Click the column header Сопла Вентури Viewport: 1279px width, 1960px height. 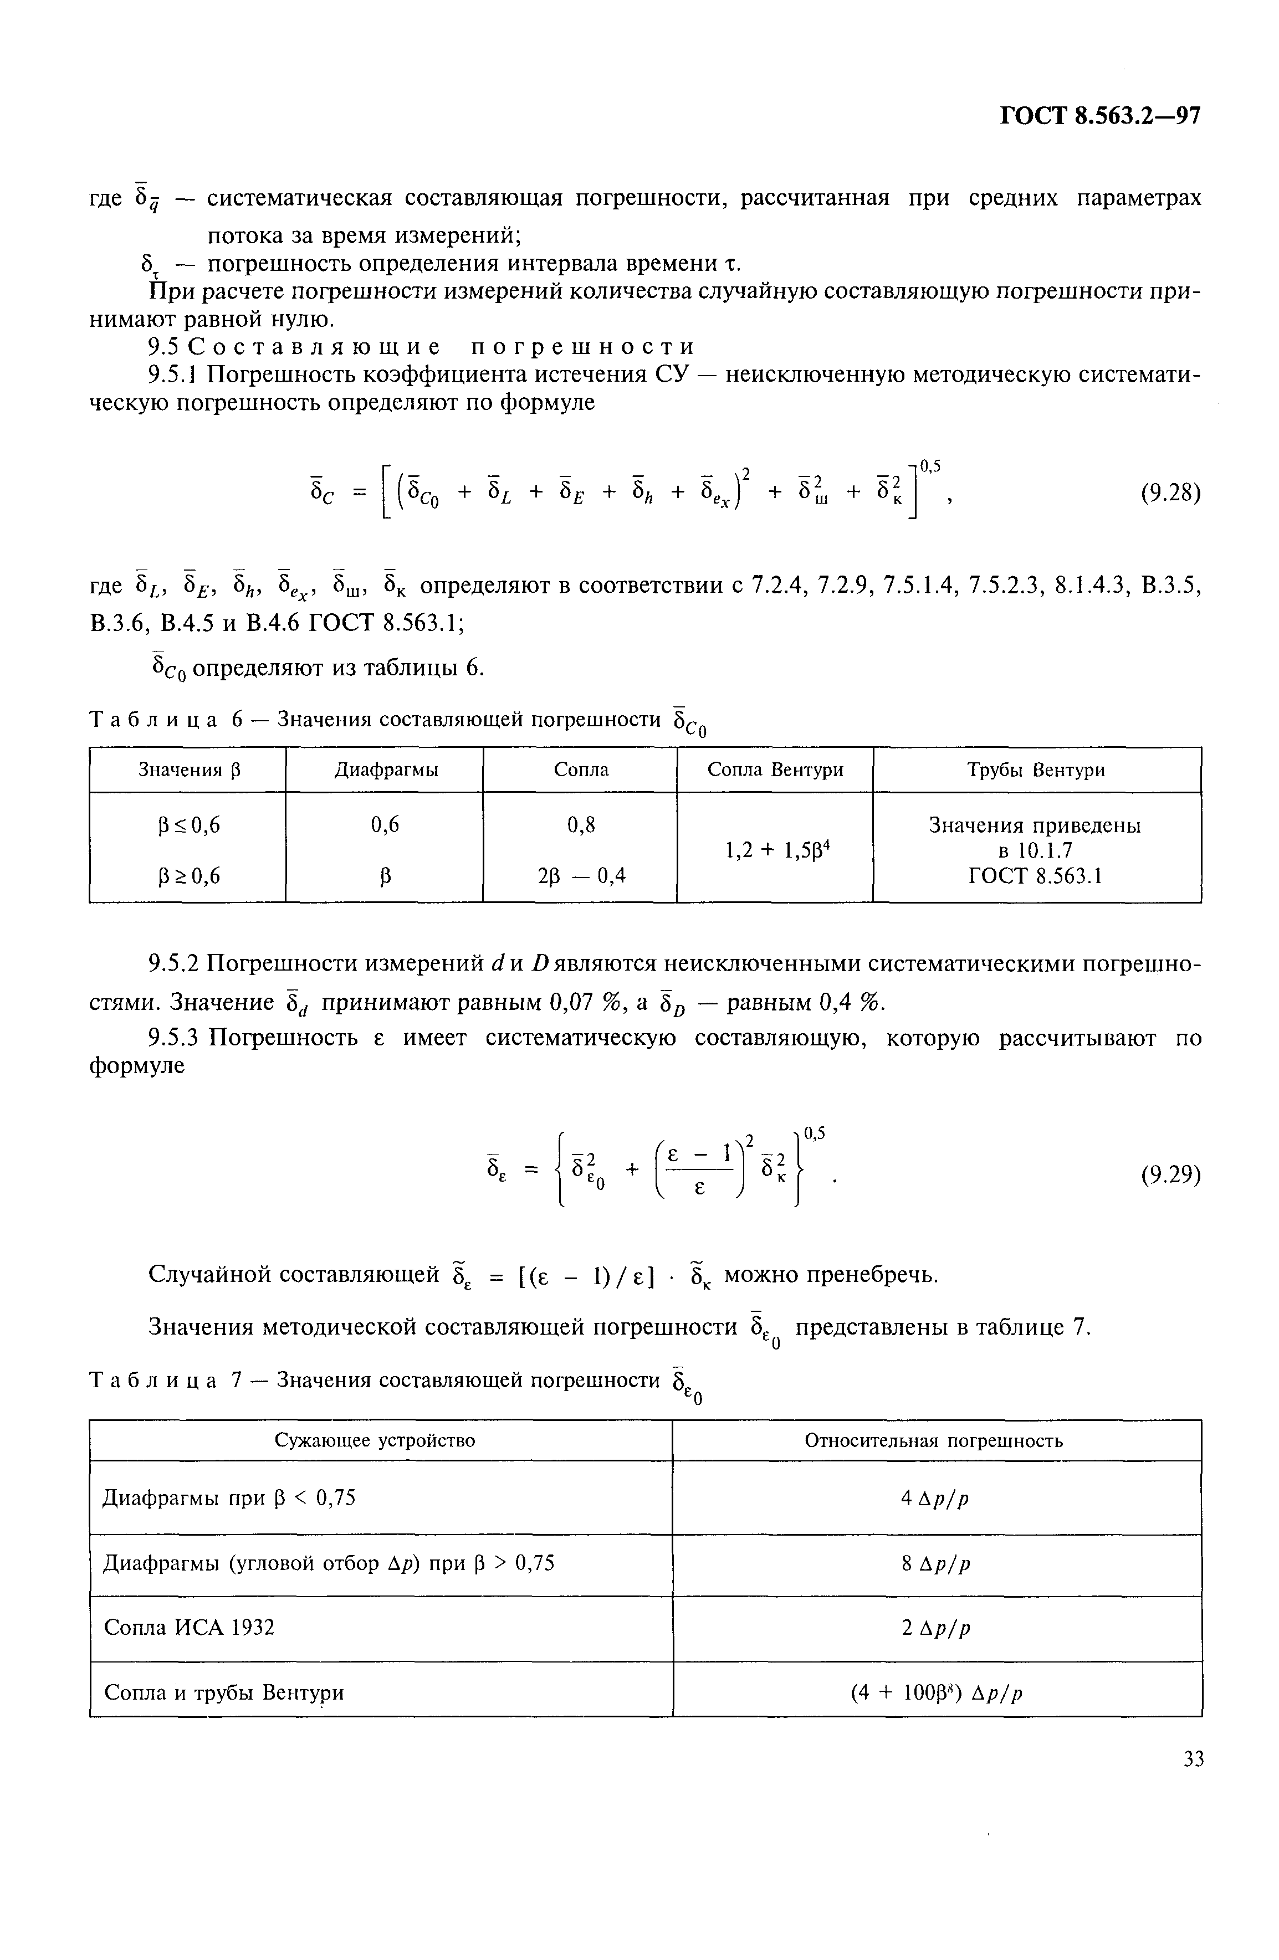(x=775, y=770)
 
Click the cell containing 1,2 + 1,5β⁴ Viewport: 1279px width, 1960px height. (x=775, y=849)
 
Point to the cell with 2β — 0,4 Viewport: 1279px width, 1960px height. (x=581, y=876)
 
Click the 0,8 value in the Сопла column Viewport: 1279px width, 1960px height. (x=581, y=824)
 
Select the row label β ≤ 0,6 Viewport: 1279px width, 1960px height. (x=188, y=824)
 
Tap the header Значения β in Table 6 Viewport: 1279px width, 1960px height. (x=188, y=770)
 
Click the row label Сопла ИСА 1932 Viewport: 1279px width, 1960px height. (x=190, y=1627)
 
